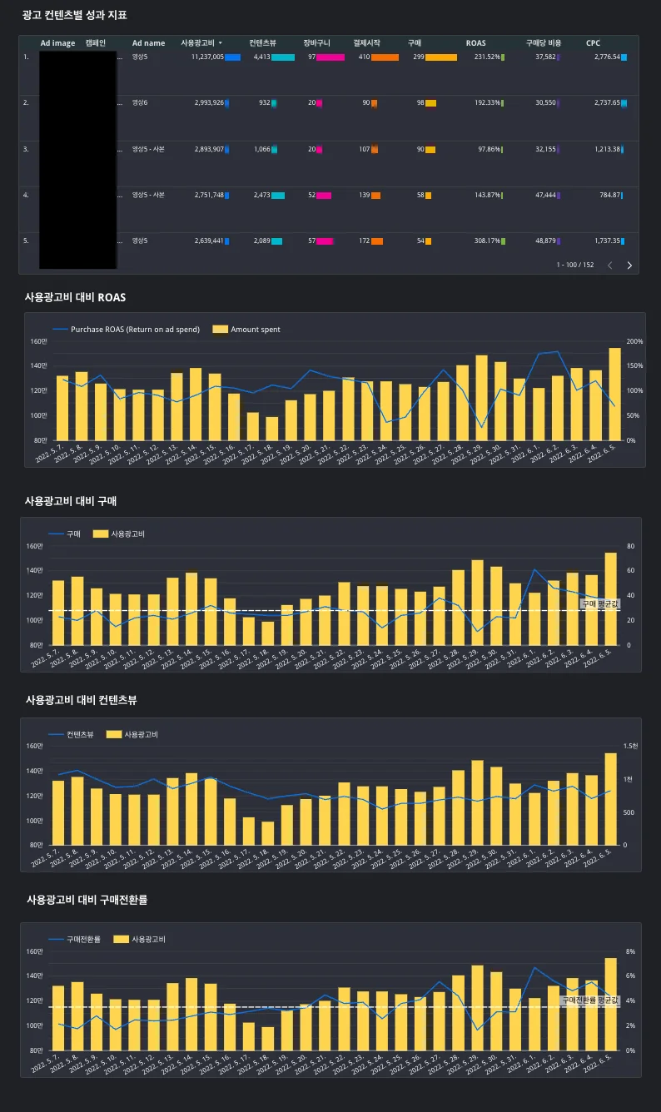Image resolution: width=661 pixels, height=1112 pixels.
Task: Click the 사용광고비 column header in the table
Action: tap(197, 43)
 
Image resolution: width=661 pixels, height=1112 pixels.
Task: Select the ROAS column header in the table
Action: tap(475, 43)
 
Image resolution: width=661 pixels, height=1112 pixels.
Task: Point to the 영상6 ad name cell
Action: tap(140, 103)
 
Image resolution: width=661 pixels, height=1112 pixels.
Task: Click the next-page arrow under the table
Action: tap(629, 266)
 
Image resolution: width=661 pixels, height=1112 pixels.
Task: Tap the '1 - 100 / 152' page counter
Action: tap(575, 266)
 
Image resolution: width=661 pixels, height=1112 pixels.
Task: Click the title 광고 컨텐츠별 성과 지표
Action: tap(75, 15)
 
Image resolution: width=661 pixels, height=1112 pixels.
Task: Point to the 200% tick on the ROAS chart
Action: tap(634, 341)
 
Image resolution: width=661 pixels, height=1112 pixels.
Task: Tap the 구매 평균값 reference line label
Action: tap(599, 603)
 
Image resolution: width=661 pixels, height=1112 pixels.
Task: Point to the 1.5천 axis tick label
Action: tap(631, 747)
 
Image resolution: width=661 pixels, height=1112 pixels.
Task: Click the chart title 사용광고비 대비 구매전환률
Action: tap(87, 900)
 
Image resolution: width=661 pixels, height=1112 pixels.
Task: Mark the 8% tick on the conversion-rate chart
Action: tap(630, 951)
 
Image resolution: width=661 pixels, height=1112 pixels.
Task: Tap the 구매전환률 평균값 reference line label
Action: tap(590, 1000)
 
